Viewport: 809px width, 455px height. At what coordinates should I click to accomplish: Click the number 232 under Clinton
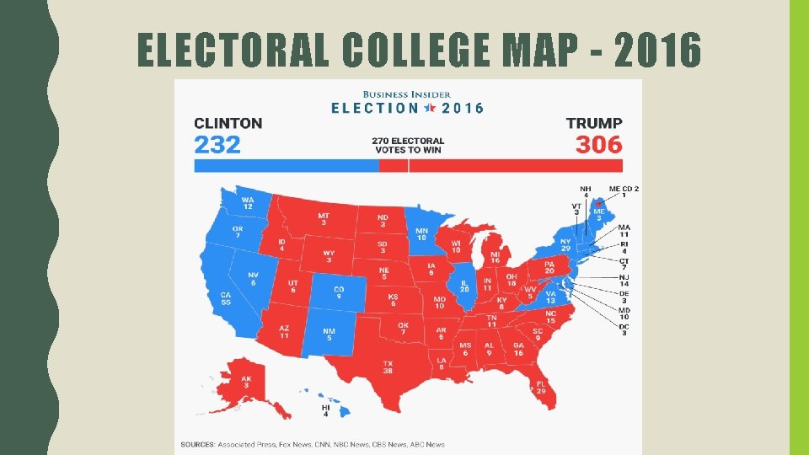pos(217,144)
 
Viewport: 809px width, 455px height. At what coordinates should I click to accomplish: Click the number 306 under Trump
pos(598,144)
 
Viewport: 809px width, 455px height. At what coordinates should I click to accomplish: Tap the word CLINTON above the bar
pos(228,123)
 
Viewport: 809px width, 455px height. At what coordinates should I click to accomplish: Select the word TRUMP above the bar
pos(594,123)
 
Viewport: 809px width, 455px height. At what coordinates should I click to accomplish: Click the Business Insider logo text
pos(407,94)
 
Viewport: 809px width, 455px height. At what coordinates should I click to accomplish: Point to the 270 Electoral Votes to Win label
pos(408,145)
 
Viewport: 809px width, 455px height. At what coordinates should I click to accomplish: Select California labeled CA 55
pos(226,299)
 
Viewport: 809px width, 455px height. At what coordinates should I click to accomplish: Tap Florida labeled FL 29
pos(539,388)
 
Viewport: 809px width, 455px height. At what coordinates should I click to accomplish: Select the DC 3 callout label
pos(624,329)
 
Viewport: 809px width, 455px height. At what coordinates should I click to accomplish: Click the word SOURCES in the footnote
pos(197,444)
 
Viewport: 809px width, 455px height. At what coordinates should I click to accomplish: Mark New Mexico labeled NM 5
pos(329,335)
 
